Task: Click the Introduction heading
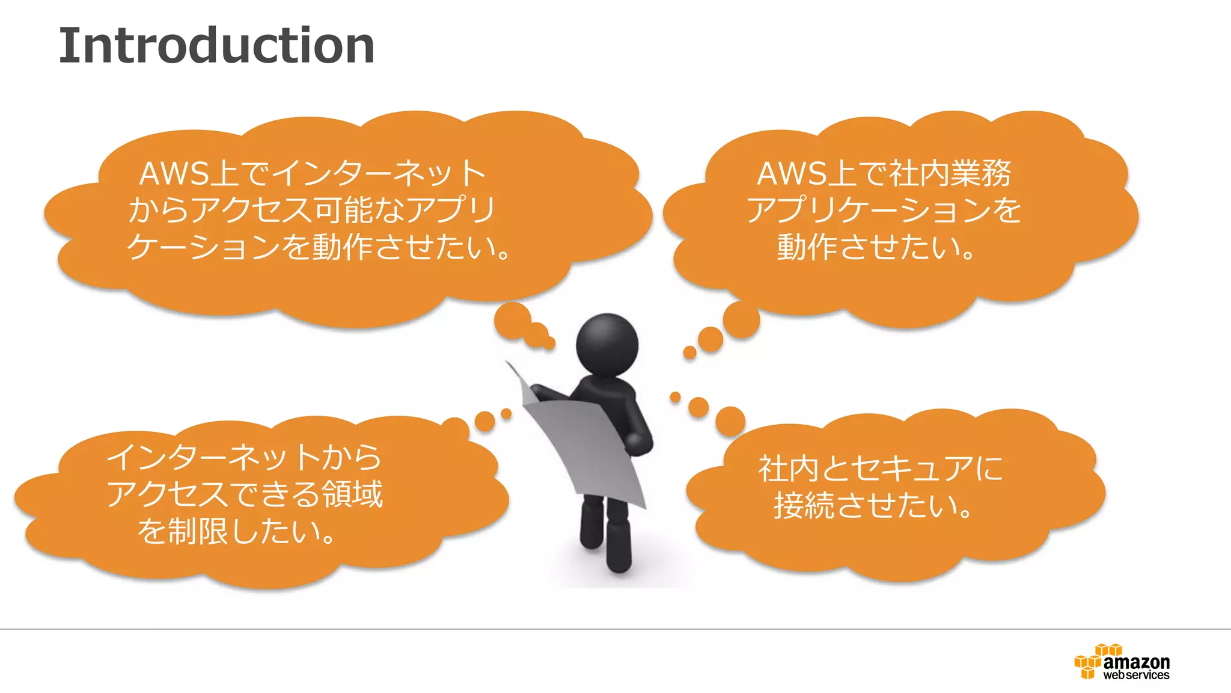point(216,46)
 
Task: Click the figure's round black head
point(606,345)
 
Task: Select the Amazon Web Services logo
point(1122,662)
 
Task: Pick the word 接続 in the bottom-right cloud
point(804,505)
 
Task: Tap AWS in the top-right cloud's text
point(791,174)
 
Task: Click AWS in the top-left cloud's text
point(174,174)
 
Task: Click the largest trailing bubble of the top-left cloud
point(512,320)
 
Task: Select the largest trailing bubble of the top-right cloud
point(741,319)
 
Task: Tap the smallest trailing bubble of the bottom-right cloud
point(675,397)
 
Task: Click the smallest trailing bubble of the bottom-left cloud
point(506,414)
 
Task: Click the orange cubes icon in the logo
point(1089,662)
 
